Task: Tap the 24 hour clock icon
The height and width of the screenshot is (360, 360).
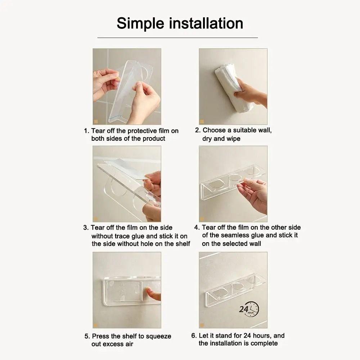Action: [x=249, y=309]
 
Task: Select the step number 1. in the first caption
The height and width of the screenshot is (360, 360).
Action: [x=86, y=131]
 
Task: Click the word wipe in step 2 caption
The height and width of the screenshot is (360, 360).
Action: [x=234, y=139]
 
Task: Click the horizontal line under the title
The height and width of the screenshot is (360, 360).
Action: [x=177, y=37]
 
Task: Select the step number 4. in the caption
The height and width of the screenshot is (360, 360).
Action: [x=197, y=228]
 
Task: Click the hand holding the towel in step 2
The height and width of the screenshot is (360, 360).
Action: [x=252, y=92]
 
